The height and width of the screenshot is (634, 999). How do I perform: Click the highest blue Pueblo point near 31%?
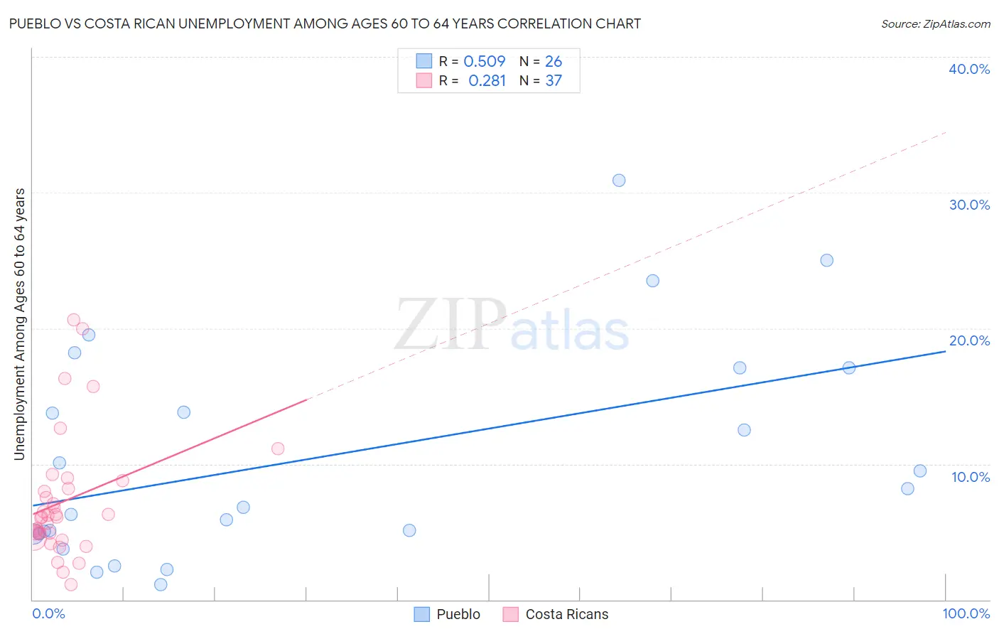click(619, 181)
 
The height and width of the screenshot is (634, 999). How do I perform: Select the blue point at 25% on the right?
click(826, 260)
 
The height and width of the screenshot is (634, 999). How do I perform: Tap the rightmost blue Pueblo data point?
click(920, 471)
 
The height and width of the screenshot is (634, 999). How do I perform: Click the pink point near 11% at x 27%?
click(278, 448)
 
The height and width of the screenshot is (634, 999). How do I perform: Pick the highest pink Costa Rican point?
click(73, 320)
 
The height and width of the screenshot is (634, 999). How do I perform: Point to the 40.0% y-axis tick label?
click(969, 69)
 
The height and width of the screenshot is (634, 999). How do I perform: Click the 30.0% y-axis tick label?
click(969, 205)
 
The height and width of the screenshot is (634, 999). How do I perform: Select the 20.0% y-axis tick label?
click(969, 340)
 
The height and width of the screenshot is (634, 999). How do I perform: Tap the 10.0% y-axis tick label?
click(971, 477)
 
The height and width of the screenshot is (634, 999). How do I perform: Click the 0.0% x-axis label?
click(48, 613)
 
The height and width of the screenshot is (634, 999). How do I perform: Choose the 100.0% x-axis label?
click(966, 613)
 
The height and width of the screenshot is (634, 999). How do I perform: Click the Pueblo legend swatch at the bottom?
click(422, 614)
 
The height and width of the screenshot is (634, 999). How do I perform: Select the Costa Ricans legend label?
click(567, 614)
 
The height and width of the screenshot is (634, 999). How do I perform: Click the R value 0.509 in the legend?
click(485, 62)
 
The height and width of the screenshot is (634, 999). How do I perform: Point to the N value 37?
click(553, 81)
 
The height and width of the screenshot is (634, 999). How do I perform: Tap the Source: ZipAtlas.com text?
click(935, 24)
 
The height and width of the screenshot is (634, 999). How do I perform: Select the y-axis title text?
click(20, 324)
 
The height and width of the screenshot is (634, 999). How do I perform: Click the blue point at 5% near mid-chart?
click(409, 530)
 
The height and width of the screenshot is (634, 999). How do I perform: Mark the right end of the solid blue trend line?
click(946, 351)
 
